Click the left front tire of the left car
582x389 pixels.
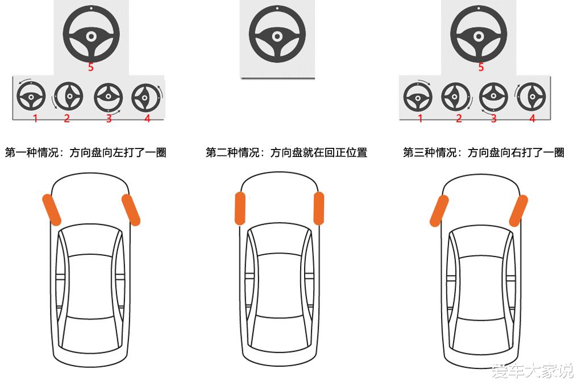[51, 210]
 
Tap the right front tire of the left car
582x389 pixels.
[131, 210]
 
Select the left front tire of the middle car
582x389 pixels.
[240, 208]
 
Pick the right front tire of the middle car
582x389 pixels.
[319, 208]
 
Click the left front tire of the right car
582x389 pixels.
[439, 210]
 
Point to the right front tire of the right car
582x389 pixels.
[518, 210]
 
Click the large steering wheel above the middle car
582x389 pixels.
[277, 34]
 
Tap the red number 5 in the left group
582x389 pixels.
[91, 67]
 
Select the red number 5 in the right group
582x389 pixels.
[481, 67]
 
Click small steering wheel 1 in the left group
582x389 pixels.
[31, 97]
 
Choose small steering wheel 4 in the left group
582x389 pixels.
[146, 98]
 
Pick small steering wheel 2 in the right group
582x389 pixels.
[455, 97]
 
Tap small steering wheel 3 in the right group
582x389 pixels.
[493, 97]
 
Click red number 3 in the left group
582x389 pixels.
[109, 118]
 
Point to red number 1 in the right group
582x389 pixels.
[420, 118]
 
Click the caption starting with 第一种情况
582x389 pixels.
[86, 152]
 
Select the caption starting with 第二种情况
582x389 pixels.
[286, 152]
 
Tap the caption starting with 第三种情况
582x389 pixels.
[484, 152]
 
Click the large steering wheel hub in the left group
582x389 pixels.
[91, 36]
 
